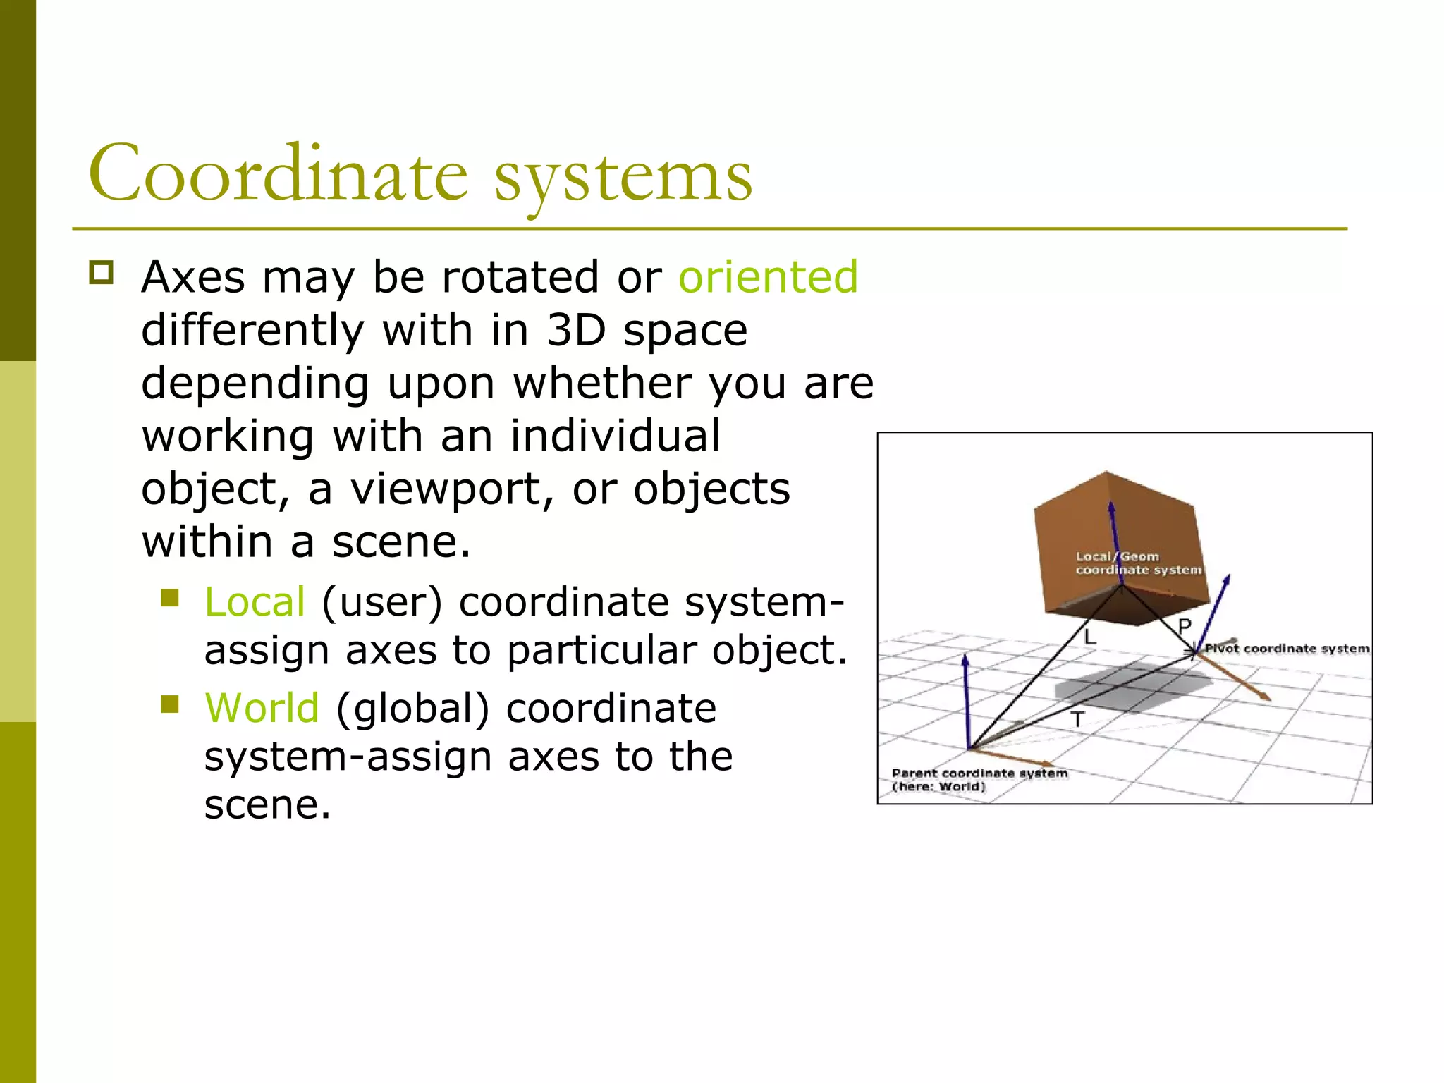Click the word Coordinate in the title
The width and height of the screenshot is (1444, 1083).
click(278, 173)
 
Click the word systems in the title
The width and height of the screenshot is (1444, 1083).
click(623, 176)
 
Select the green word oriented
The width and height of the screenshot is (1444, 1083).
click(768, 276)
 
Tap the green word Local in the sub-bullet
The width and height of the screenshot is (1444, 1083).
click(255, 602)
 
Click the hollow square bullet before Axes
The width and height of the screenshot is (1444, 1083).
click(102, 272)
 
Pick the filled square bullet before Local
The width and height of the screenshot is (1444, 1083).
click(170, 598)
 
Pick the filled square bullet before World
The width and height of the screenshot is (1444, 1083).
click(170, 704)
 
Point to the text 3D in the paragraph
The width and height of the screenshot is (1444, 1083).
click(576, 330)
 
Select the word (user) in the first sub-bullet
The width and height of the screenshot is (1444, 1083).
click(381, 602)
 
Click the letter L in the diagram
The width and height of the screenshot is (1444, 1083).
click(1090, 637)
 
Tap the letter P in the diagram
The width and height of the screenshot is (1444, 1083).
click(1184, 626)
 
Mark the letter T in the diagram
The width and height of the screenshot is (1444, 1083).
click(1077, 720)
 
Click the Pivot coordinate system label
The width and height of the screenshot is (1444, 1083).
click(1286, 649)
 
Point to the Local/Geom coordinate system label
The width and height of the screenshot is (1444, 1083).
click(1137, 563)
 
